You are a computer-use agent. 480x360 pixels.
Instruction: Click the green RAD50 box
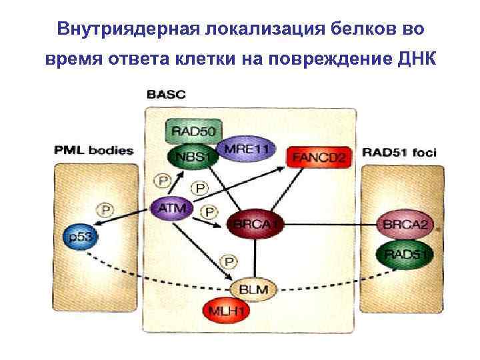click(193, 131)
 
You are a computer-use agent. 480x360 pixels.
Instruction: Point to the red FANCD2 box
click(318, 157)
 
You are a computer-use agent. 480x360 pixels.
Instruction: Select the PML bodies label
click(93, 151)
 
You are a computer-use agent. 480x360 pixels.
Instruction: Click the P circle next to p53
click(103, 209)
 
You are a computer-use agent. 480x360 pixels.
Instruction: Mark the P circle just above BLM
click(229, 260)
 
